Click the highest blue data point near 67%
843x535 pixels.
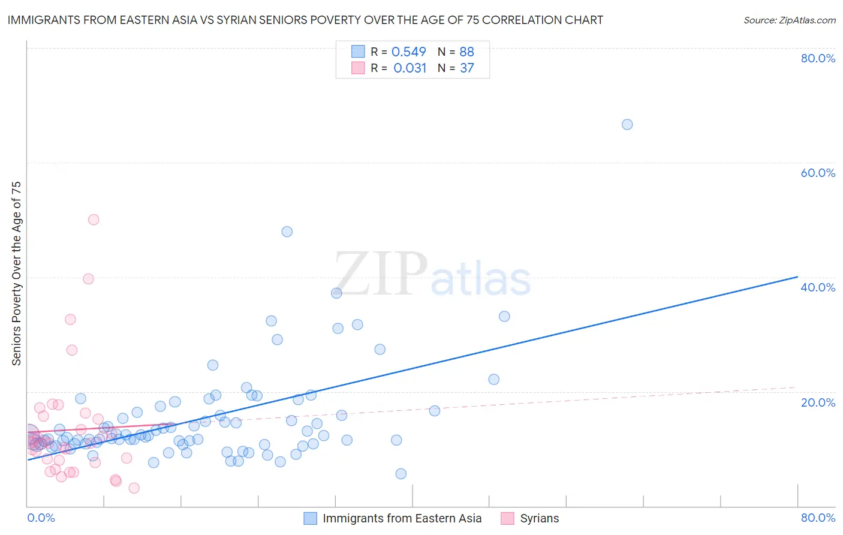coord(627,125)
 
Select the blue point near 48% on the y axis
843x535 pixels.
coord(287,232)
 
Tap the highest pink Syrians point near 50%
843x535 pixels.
coord(94,220)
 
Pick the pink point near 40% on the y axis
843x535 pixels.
coord(88,279)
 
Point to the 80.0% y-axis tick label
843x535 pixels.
coord(818,58)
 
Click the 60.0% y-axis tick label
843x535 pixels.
coord(818,173)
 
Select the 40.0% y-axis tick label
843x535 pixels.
coord(818,287)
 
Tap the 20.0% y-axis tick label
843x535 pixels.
coord(818,402)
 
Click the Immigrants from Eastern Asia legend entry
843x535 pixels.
coord(402,519)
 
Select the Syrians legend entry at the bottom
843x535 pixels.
coord(539,519)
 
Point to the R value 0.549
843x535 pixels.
coord(409,52)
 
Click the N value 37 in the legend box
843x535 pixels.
coord(467,68)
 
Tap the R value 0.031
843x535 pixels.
coord(410,68)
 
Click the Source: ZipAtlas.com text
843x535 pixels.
coord(789,20)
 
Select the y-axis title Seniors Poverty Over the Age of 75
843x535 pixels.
coord(17,273)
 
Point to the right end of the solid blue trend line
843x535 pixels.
coord(797,276)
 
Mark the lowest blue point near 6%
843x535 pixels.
coord(401,474)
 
